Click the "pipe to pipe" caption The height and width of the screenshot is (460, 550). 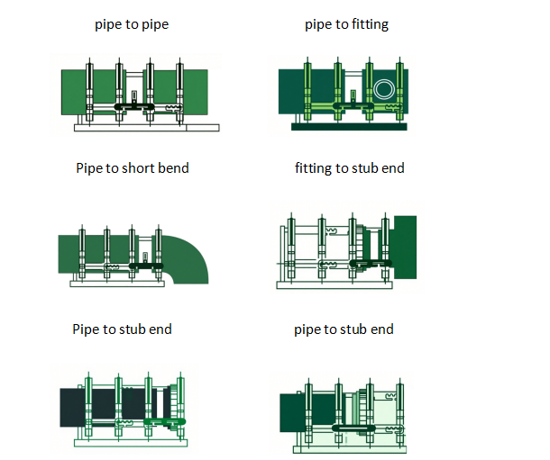coord(132,24)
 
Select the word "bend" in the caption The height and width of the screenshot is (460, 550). coord(171,167)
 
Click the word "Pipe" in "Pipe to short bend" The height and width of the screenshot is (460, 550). coord(90,167)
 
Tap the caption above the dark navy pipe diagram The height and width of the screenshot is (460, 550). coord(122,329)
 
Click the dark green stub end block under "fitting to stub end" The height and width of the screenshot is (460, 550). coord(405,246)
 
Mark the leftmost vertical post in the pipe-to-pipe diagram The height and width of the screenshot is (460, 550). coord(91,91)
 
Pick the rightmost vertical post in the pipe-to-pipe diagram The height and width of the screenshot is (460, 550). coord(180,91)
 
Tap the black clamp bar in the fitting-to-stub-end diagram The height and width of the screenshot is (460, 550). coord(369,265)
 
